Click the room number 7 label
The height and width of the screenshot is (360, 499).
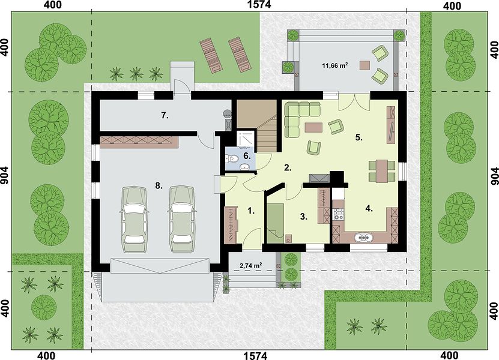point(164,115)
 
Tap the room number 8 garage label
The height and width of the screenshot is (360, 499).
point(159,186)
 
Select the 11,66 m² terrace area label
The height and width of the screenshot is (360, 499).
point(334,66)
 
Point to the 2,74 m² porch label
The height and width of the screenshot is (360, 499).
point(250,265)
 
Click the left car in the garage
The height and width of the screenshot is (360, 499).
point(134,220)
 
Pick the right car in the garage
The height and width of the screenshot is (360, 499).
point(182,220)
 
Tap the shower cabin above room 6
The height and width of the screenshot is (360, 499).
point(246,139)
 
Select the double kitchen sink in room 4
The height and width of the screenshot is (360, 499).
point(363,237)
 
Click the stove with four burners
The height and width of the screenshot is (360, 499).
point(338,214)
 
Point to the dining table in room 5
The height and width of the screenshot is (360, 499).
point(382,171)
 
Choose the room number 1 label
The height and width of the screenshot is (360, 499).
point(252,211)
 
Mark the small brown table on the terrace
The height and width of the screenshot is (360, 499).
point(365,65)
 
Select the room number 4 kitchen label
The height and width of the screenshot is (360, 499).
point(369,209)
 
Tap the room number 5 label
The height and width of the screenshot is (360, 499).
point(359,137)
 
